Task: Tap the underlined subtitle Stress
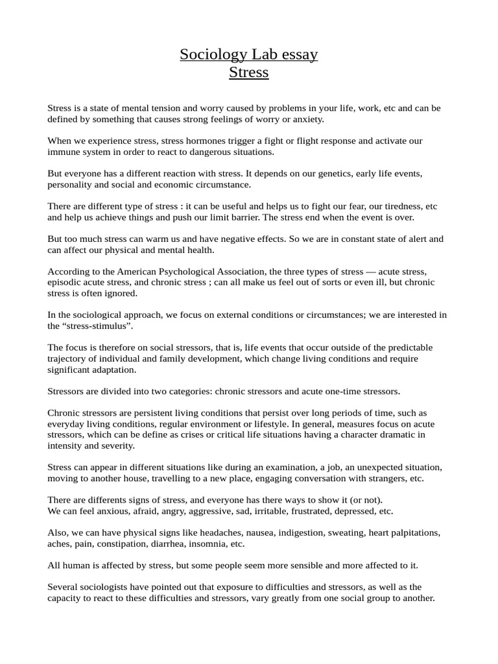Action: click(248, 73)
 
